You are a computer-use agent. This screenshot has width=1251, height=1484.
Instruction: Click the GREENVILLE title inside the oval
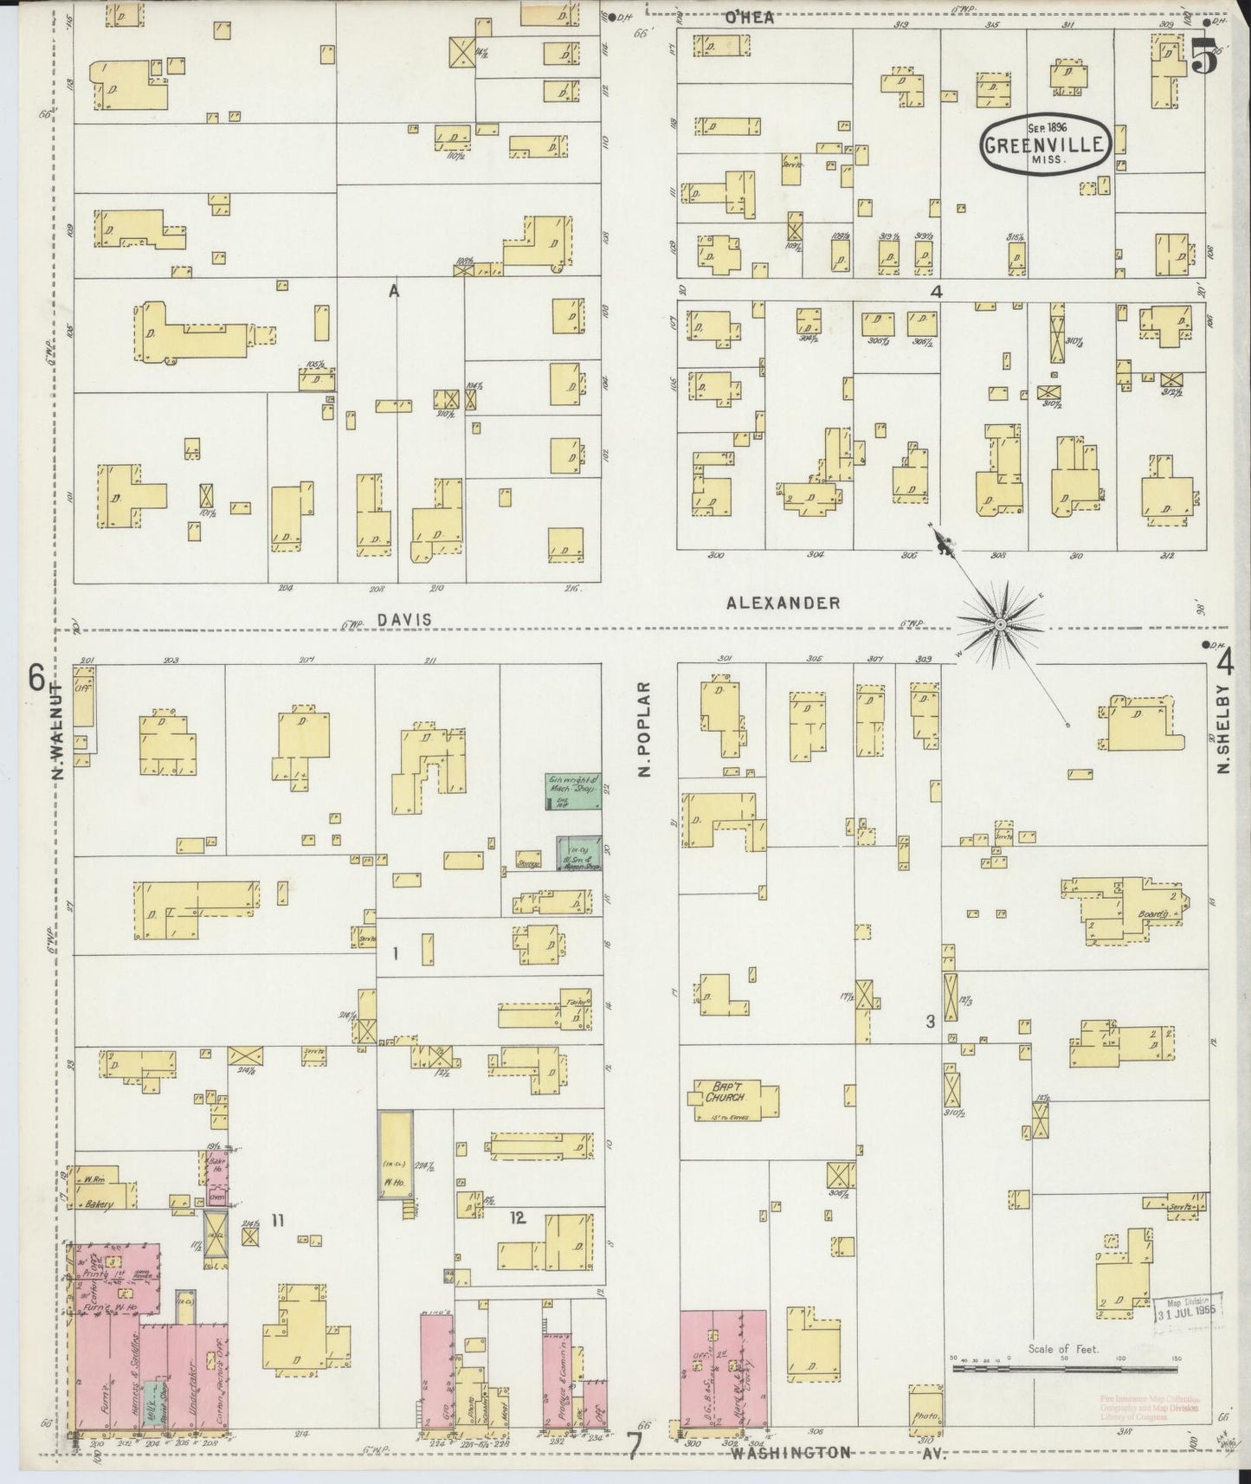click(x=1046, y=144)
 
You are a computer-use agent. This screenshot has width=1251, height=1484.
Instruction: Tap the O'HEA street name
click(x=749, y=16)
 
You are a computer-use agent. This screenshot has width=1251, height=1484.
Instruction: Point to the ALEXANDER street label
click(x=783, y=603)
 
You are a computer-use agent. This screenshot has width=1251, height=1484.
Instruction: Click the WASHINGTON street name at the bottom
click(x=790, y=1454)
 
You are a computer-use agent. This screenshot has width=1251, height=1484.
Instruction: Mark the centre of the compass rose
click(x=1000, y=623)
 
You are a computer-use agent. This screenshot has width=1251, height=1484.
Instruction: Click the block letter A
click(x=394, y=293)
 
